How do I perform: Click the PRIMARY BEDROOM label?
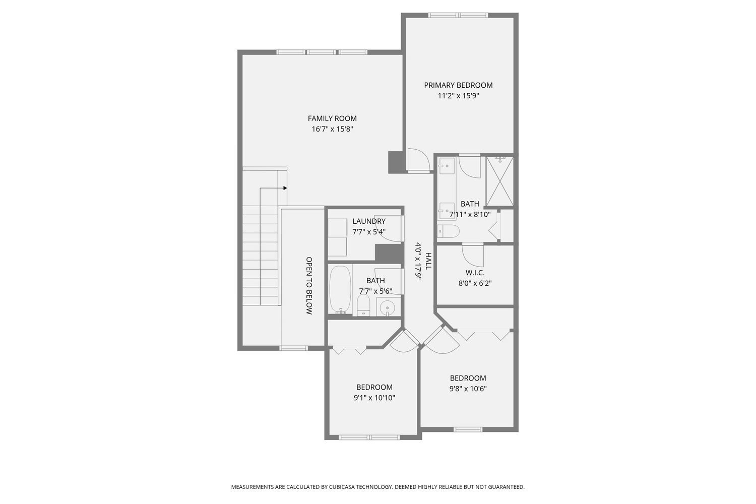coord(458,85)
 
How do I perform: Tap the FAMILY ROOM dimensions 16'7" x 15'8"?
coord(332,129)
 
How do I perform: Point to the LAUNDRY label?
coord(369,221)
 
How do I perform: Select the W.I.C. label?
coord(475,273)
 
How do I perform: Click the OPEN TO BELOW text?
coord(309,286)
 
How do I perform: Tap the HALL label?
coord(428,261)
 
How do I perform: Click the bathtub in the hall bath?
coord(340,290)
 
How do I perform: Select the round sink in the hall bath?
coord(387,307)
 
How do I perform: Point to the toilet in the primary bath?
coord(448,231)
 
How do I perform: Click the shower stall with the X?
coord(499,181)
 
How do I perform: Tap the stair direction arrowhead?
coord(285,188)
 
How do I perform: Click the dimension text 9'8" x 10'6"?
coord(468,389)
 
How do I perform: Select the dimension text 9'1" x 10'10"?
coord(374,398)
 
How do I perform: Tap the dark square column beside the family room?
coord(395,162)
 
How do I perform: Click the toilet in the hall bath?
coord(364,304)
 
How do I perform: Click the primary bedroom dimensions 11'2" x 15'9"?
coord(458,96)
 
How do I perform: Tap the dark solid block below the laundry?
coord(389,253)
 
